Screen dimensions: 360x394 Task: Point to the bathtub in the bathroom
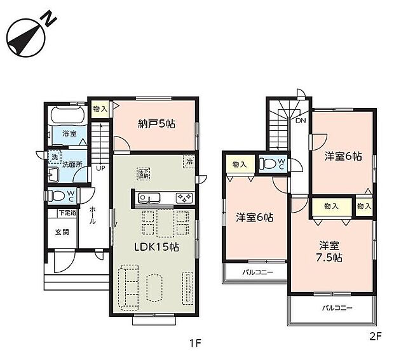[x=70, y=117]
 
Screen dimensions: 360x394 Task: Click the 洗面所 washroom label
[x=71, y=164]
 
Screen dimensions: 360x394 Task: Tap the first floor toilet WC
[x=62, y=196]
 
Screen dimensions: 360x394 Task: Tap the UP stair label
[x=100, y=169]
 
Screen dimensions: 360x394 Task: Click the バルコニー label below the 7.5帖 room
[x=332, y=307]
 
